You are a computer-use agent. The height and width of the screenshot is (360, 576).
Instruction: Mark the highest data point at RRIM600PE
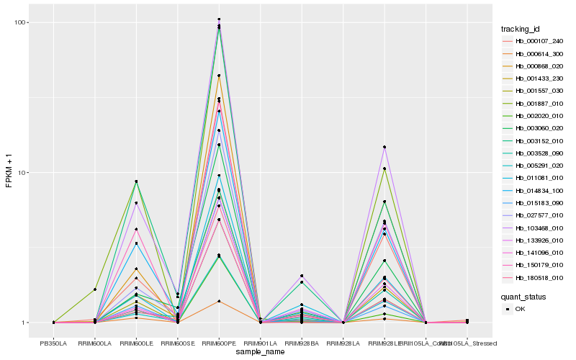point(219,19)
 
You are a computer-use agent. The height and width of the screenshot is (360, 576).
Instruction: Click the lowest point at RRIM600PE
point(219,301)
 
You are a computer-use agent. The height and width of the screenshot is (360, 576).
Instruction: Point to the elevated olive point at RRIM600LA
point(95,289)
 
